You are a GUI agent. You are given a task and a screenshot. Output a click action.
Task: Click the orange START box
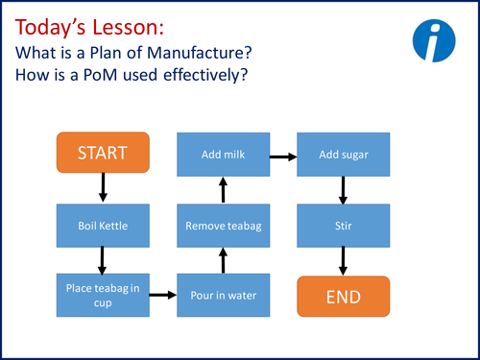pos(102,153)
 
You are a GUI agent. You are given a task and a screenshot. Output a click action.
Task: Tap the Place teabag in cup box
pos(102,294)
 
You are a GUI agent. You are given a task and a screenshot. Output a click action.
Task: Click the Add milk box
pos(223,153)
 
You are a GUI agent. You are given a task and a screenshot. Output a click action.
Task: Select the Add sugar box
pos(344,153)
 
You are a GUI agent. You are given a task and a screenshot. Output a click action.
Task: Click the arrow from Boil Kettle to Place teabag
pos(102,259)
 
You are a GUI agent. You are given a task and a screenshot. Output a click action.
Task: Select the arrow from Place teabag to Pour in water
pos(162,295)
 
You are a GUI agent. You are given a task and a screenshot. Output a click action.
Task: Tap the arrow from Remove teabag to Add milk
pos(223,188)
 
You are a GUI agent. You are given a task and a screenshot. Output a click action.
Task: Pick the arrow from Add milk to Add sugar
pos(283,154)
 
